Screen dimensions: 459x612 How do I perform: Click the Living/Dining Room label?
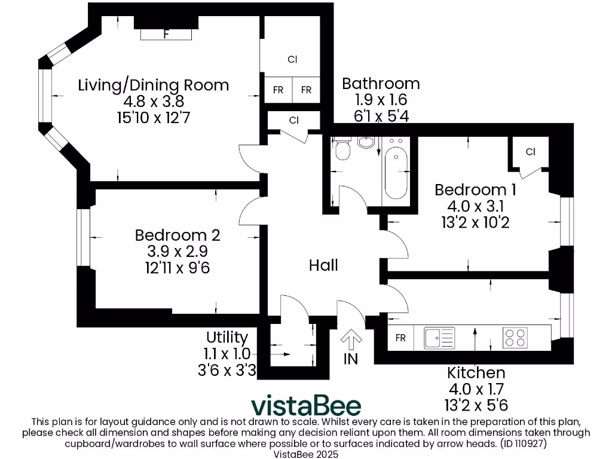tap(154, 85)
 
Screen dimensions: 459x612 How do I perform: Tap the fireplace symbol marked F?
tap(166, 34)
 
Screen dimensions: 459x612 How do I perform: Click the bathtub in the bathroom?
tap(396, 171)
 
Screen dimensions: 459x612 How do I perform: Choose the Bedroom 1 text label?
tap(475, 190)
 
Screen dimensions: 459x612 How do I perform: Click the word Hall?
tap(323, 265)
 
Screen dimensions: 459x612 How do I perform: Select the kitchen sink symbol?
tap(439, 338)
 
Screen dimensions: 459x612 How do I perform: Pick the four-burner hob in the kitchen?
tap(515, 338)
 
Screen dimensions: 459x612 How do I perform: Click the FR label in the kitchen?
tap(400, 338)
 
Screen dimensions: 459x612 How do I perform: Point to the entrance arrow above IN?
tap(351, 341)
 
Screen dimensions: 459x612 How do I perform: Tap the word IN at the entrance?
tap(351, 359)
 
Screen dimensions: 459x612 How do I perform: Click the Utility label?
tap(227, 337)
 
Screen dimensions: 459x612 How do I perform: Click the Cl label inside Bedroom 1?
tap(530, 152)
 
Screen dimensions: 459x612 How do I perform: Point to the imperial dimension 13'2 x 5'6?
tap(477, 405)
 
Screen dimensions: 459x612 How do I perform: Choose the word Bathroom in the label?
tap(381, 84)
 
